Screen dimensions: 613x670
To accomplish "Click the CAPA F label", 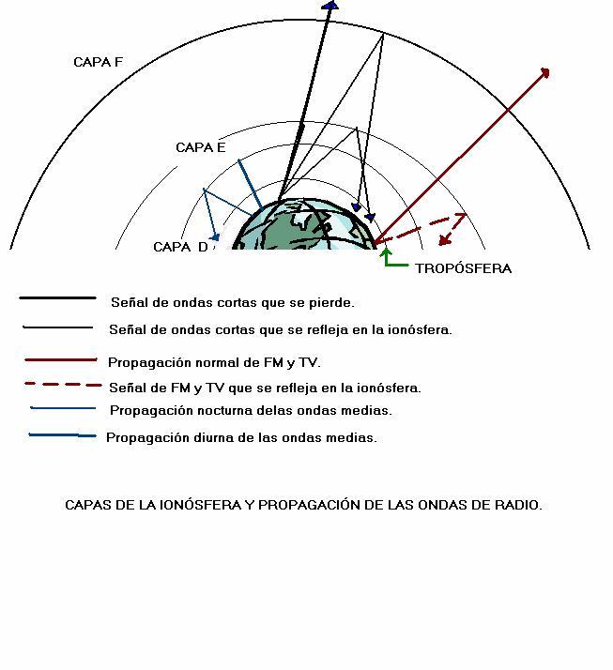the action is [x=98, y=62].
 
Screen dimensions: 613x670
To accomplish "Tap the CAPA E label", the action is [x=201, y=148].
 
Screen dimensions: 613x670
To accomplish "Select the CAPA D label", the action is [x=180, y=247].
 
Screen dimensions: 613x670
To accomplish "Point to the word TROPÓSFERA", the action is [x=464, y=268].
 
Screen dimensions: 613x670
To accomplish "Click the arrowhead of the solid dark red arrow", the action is [x=545, y=72].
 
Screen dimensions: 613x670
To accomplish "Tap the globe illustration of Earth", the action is [x=304, y=224].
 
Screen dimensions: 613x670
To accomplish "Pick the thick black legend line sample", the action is [x=57, y=297].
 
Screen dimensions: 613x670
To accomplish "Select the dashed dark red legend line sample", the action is [x=63, y=385].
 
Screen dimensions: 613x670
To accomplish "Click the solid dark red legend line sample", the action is [x=61, y=360].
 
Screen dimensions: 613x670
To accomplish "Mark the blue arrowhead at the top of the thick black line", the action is [x=330, y=5].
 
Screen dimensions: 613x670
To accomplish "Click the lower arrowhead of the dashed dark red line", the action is [x=445, y=240].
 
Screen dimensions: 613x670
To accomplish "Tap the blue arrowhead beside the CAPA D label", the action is [x=216, y=236].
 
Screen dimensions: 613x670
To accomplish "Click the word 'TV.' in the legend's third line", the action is [x=310, y=363].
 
